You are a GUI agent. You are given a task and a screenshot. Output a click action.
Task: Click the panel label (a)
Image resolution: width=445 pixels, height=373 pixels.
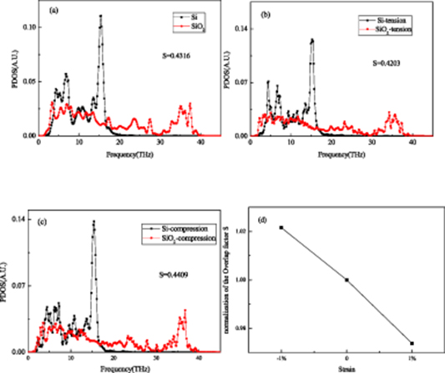point(53,10)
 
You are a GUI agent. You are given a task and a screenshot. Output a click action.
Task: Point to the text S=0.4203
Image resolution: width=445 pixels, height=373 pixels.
point(387,62)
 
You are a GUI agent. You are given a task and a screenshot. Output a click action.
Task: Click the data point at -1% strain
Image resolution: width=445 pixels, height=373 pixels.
point(281,227)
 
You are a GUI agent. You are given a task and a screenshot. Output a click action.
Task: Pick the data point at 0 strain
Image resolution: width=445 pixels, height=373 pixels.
point(346,280)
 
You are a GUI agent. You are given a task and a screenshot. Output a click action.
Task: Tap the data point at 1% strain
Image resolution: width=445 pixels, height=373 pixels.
point(412,343)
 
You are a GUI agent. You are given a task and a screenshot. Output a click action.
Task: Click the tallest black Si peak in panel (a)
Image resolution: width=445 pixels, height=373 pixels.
point(101,16)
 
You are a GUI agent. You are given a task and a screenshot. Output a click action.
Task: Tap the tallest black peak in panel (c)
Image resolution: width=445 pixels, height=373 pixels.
point(94,222)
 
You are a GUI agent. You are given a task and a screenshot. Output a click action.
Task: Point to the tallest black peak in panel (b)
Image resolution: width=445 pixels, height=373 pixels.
point(312,39)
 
